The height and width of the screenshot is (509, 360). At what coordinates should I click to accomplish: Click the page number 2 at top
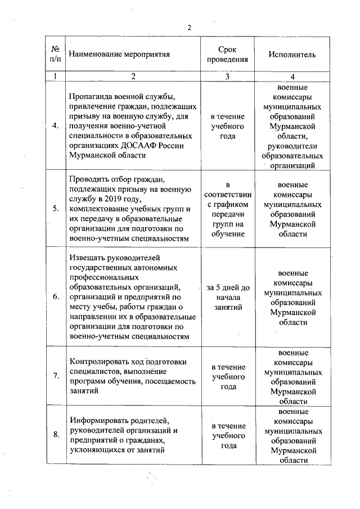[x=190, y=28]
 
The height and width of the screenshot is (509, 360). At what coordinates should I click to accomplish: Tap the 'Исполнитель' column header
[x=292, y=55]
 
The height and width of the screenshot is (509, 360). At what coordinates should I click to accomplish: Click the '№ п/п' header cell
[x=56, y=55]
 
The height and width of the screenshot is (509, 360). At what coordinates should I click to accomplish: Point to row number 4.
[x=56, y=125]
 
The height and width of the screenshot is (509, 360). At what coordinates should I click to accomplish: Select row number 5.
[x=56, y=208]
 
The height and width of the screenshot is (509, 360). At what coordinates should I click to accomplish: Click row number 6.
[x=56, y=297]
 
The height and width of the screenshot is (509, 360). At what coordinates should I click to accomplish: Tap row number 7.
[x=56, y=376]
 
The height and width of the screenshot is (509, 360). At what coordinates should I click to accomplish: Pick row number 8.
[x=56, y=434]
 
